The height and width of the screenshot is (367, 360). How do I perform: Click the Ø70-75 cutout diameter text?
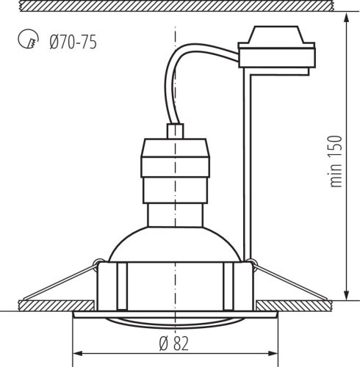(x=72, y=41)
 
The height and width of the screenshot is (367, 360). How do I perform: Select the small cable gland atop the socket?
(x=175, y=131)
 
